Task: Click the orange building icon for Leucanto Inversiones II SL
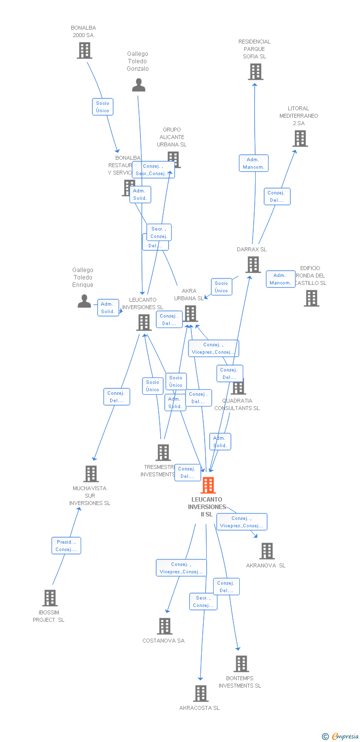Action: tap(208, 485)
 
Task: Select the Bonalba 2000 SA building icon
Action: tap(85, 50)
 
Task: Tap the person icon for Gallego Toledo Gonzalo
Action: tap(139, 85)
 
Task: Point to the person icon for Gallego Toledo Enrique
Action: tap(85, 301)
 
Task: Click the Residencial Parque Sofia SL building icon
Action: tap(255, 72)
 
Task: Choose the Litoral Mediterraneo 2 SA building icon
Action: tap(300, 139)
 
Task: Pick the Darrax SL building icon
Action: tap(253, 265)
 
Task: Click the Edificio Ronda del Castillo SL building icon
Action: tap(312, 298)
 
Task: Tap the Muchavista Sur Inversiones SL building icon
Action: tap(91, 474)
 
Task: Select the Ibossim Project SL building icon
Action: tap(50, 598)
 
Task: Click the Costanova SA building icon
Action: tap(165, 626)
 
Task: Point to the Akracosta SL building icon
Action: tap(201, 694)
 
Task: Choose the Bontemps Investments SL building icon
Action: tap(241, 664)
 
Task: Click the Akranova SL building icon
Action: tap(267, 551)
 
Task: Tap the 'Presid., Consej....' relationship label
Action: tap(66, 546)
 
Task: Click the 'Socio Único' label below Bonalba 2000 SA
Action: tap(103, 107)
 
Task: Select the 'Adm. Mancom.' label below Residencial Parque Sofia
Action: tap(254, 163)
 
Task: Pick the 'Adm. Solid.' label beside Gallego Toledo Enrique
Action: tap(108, 308)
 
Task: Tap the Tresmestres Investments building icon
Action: tap(163, 453)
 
